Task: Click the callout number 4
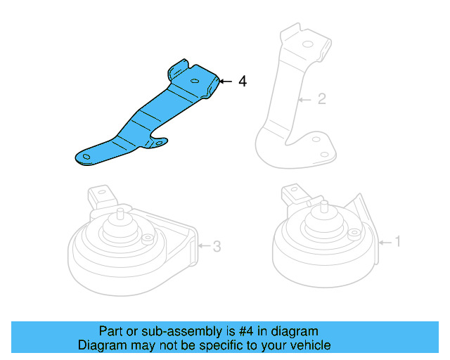243,82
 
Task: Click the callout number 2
321,99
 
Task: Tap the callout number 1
397,242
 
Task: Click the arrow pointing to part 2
304,99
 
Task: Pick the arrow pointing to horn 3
203,246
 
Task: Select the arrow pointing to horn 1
384,242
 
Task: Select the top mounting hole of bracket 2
307,44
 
